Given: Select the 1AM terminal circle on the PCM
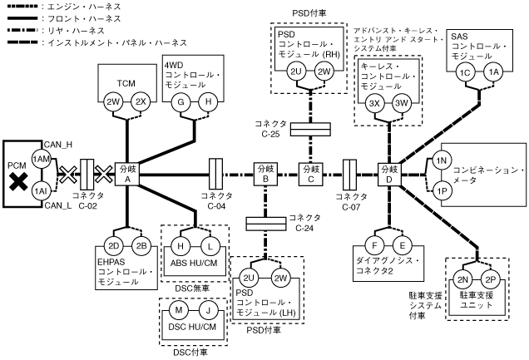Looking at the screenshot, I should (x=40, y=159).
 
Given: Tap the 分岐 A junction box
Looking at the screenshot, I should (x=128, y=174).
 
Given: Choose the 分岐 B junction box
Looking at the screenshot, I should (x=264, y=174).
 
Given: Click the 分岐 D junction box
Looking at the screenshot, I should (x=388, y=174).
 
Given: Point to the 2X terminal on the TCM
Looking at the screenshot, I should (x=141, y=101).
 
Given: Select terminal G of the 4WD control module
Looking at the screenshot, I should (x=179, y=101).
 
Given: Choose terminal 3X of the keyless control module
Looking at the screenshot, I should (x=374, y=103).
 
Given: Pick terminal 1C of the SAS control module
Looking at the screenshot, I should (x=466, y=72).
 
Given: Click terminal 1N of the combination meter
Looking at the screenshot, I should (x=442, y=160).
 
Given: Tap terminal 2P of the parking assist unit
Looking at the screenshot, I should (x=490, y=279).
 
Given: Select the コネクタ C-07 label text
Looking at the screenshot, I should (x=350, y=201).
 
